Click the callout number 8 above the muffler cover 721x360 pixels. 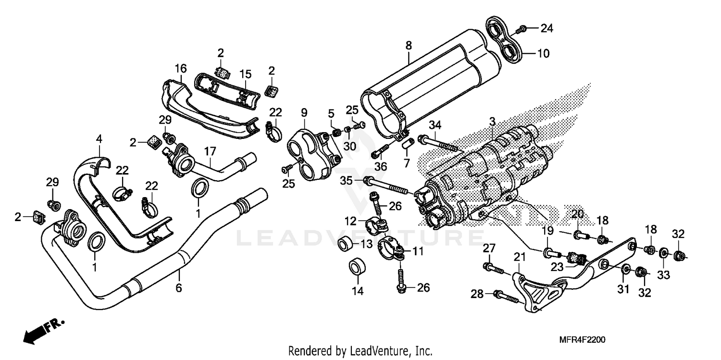(409, 46)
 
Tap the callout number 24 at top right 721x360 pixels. (546, 29)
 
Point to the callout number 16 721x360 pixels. (180, 69)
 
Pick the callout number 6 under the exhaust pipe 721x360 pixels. (178, 288)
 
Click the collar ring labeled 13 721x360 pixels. (345, 244)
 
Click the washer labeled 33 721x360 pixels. (662, 252)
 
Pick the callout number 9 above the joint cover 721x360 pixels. (304, 112)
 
